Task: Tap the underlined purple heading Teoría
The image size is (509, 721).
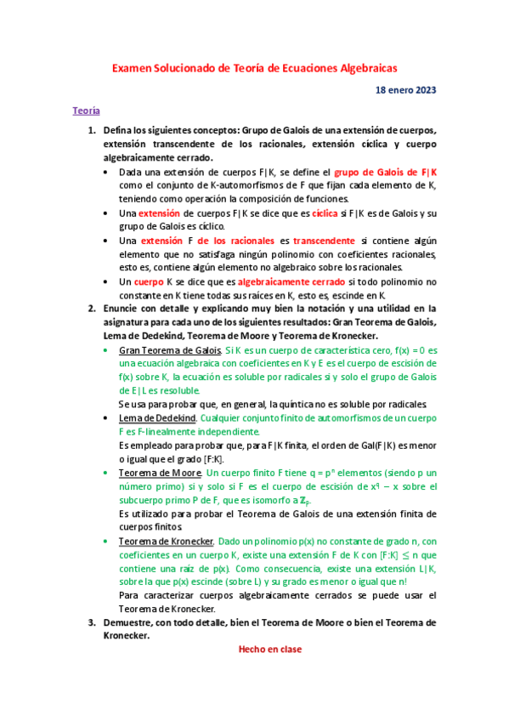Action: point(87,111)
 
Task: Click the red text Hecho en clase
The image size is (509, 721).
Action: point(269,649)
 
